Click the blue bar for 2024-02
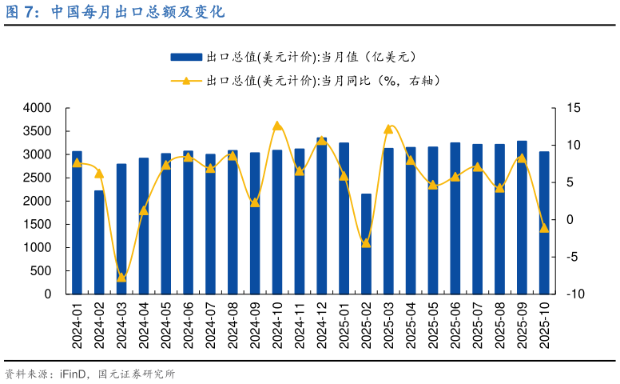click(99, 242)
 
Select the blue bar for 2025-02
click(366, 243)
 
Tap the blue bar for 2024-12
click(321, 216)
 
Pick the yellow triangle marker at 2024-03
click(121, 278)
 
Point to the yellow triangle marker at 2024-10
click(277, 126)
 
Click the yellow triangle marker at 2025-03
click(388, 128)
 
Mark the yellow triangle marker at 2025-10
click(544, 228)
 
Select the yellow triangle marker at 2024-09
click(255, 202)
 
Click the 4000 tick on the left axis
click(38, 108)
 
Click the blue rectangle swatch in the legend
click(185, 57)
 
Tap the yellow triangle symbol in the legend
click(185, 80)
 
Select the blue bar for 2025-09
click(522, 218)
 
